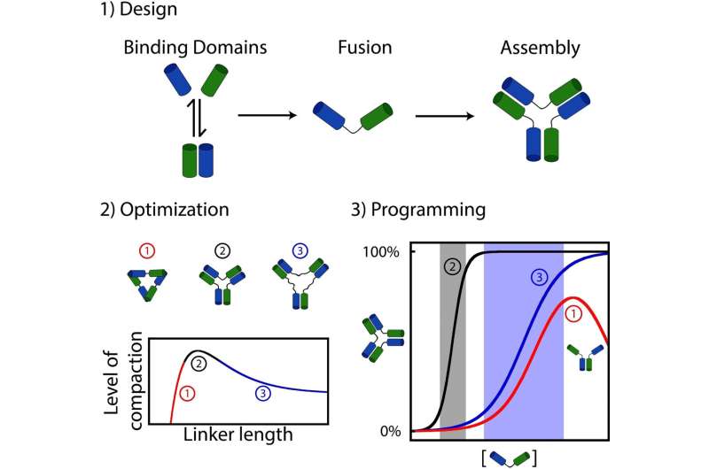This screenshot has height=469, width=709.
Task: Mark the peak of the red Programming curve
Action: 574,297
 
